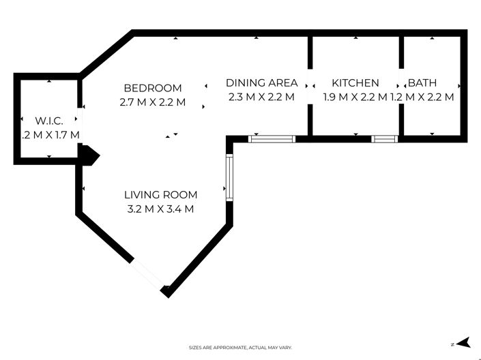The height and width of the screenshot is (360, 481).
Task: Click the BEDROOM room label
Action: pyautogui.click(x=152, y=88)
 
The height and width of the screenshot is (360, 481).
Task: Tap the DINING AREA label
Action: pyautogui.click(x=261, y=83)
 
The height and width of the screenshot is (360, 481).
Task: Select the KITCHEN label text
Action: pyautogui.click(x=351, y=83)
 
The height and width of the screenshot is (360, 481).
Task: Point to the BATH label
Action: pyautogui.click(x=422, y=83)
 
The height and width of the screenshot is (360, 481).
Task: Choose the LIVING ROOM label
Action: pyautogui.click(x=160, y=194)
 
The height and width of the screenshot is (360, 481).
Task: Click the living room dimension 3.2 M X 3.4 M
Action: pyautogui.click(x=160, y=209)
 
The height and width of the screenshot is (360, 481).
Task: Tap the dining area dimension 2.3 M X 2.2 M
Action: pyautogui.click(x=261, y=97)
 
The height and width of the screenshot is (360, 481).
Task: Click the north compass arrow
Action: pyautogui.click(x=462, y=343)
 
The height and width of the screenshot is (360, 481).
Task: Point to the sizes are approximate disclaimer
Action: pyautogui.click(x=240, y=348)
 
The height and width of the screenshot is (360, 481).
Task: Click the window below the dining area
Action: pyautogui.click(x=272, y=139)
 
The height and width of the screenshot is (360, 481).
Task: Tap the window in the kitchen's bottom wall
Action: pyautogui.click(x=384, y=139)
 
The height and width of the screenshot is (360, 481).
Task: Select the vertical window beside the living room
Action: pyautogui.click(x=230, y=176)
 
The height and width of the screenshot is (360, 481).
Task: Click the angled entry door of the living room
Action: pyautogui.click(x=149, y=274)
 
